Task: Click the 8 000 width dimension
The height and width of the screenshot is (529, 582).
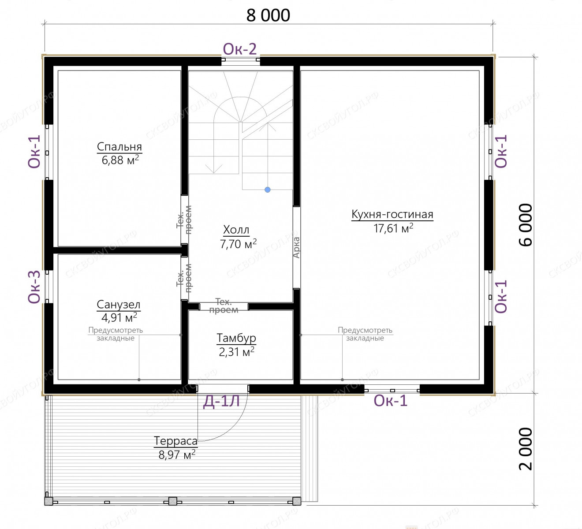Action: (268, 15)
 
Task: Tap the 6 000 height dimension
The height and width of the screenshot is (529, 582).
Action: (526, 225)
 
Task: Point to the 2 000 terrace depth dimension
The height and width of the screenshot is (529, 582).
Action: (526, 449)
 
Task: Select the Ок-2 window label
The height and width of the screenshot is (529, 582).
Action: (240, 49)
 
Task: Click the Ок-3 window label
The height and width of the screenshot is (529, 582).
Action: (34, 287)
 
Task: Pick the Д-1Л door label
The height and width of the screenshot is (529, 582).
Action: (221, 402)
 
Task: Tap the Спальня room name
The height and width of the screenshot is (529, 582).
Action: (119, 147)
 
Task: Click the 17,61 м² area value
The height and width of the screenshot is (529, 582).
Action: (393, 228)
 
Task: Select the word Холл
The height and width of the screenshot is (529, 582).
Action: (236, 230)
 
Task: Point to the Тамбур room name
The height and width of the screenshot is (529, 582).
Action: (236, 338)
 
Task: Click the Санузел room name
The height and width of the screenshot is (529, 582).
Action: (118, 305)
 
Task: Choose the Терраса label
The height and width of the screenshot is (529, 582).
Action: (175, 441)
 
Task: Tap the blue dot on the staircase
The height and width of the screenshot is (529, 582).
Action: (268, 190)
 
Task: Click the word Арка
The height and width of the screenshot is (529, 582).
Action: (296, 247)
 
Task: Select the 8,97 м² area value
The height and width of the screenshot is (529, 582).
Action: (177, 454)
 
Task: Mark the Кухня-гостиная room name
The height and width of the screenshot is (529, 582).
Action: (392, 214)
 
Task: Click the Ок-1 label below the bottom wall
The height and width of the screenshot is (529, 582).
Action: (391, 401)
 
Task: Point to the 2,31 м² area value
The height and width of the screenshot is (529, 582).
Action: (236, 352)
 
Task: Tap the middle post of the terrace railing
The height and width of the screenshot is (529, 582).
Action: (173, 501)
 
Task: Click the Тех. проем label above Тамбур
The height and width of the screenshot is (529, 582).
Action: (224, 306)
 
